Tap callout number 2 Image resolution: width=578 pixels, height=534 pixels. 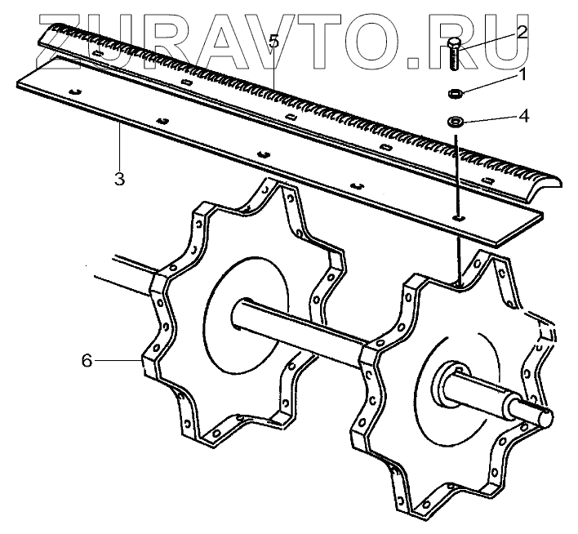pos(521,33)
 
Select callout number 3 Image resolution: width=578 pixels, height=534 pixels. pos(119,179)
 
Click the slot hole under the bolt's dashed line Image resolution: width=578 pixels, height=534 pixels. pos(458,218)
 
